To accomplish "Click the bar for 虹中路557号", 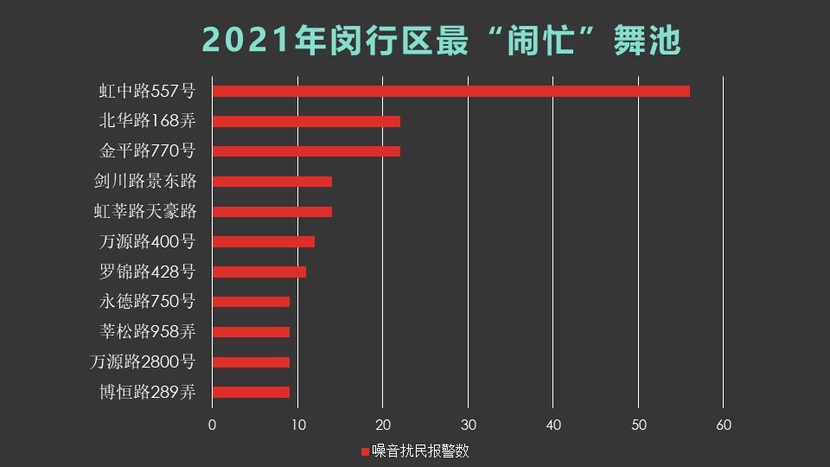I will pyautogui.click(x=450, y=92).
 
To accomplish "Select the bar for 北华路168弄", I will pyautogui.click(x=306, y=122).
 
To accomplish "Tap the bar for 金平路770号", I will pyautogui.click(x=306, y=151).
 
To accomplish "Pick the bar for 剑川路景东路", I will pyautogui.click(x=271, y=182).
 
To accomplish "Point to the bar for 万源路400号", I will pyautogui.click(x=263, y=242).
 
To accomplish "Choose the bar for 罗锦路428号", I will pyautogui.click(x=259, y=272).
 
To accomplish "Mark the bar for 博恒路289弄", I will pyautogui.click(x=251, y=392).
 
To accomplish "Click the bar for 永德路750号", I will pyautogui.click(x=251, y=302).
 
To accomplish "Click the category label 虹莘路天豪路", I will pyautogui.click(x=144, y=211).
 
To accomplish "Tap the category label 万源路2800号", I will pyautogui.click(x=143, y=361).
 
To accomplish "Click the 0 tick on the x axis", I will pyautogui.click(x=212, y=425).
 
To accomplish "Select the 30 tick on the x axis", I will pyautogui.click(x=468, y=425).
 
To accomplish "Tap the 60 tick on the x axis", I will pyautogui.click(x=724, y=425).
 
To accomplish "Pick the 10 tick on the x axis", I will pyautogui.click(x=297, y=425).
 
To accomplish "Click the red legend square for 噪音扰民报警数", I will pyautogui.click(x=364, y=451).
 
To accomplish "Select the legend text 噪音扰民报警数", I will pyautogui.click(x=420, y=451).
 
